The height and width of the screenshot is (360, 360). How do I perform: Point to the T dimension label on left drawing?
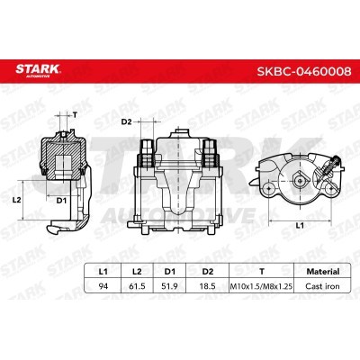pyautogui.click(x=76, y=115)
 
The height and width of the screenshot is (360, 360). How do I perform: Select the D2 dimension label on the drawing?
pyautogui.click(x=126, y=121)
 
